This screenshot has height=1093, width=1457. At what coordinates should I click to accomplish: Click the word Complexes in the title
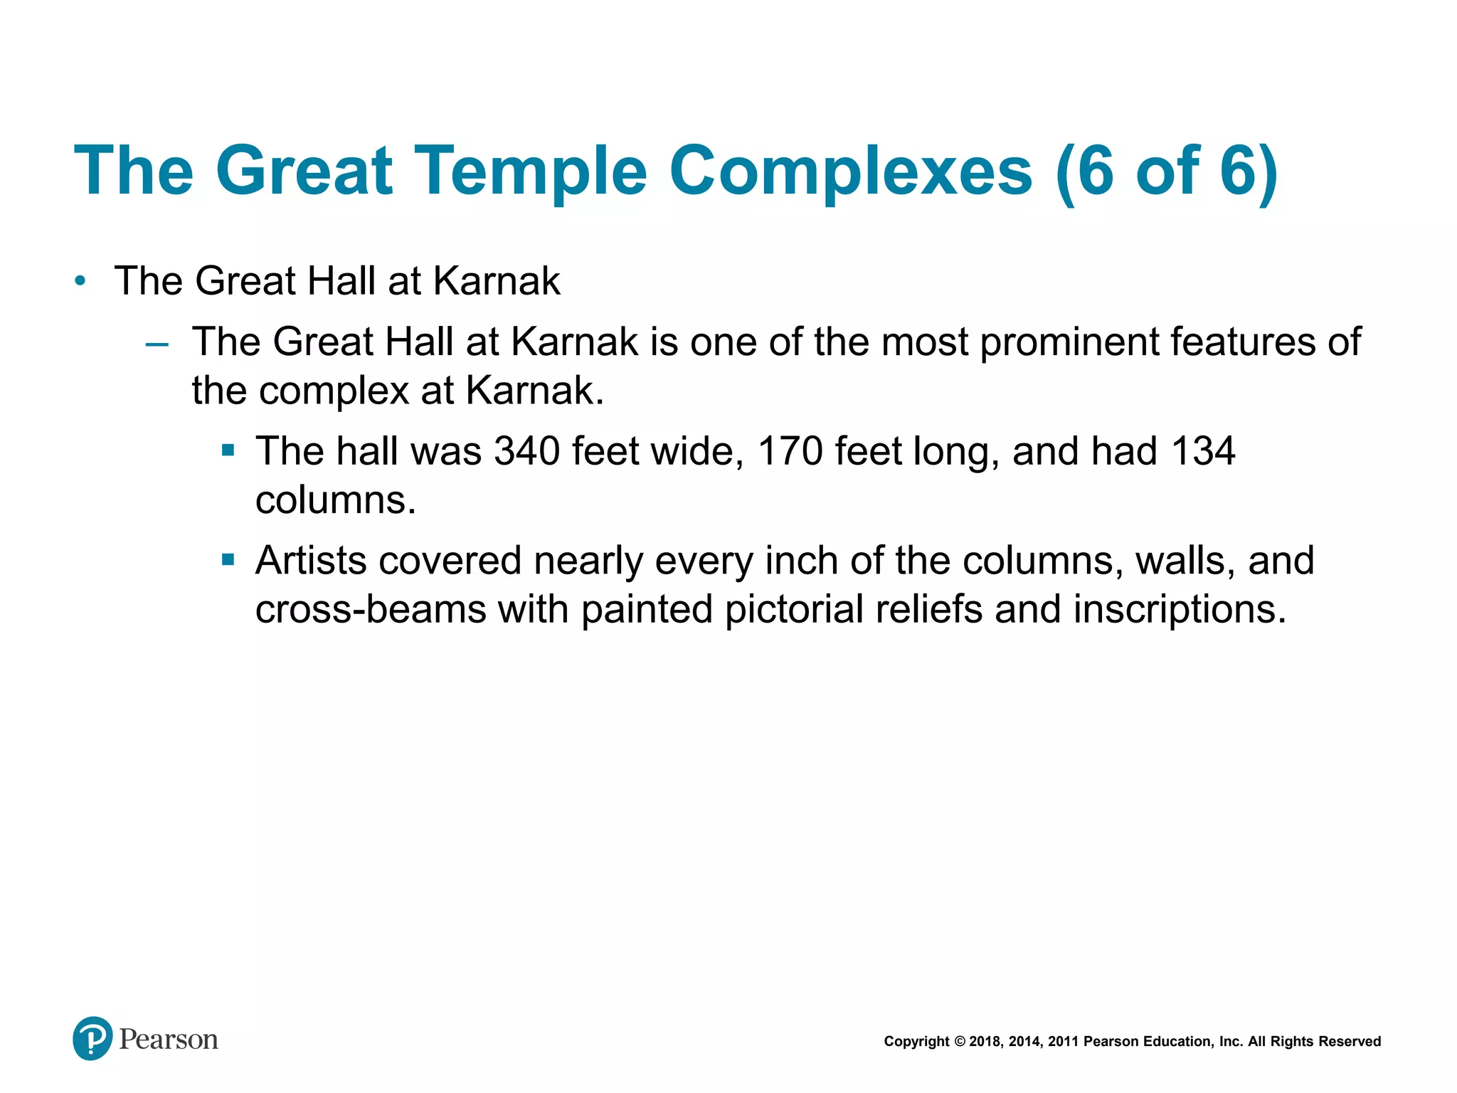pyautogui.click(x=850, y=171)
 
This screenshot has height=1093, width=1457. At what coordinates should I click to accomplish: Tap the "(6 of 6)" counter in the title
pyautogui.click(x=1167, y=171)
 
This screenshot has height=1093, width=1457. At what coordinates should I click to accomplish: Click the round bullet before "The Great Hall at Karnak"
pyautogui.click(x=80, y=281)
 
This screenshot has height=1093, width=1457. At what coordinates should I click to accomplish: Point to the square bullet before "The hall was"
pyautogui.click(x=228, y=450)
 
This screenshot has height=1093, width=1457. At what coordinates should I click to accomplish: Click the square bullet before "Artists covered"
pyautogui.click(x=228, y=560)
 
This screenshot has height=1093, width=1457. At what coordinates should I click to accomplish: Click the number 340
pyautogui.click(x=527, y=451)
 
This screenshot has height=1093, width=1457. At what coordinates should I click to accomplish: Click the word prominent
pyautogui.click(x=1069, y=343)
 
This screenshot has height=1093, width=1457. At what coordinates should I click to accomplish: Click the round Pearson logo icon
pyautogui.click(x=92, y=1038)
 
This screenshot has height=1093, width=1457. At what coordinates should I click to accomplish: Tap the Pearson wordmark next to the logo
pyautogui.click(x=169, y=1040)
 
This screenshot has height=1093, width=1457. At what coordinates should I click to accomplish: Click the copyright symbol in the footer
pyautogui.click(x=960, y=1042)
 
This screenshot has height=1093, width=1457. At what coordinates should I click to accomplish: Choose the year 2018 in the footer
pyautogui.click(x=985, y=1042)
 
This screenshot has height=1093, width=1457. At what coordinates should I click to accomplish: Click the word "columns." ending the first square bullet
pyautogui.click(x=335, y=500)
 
